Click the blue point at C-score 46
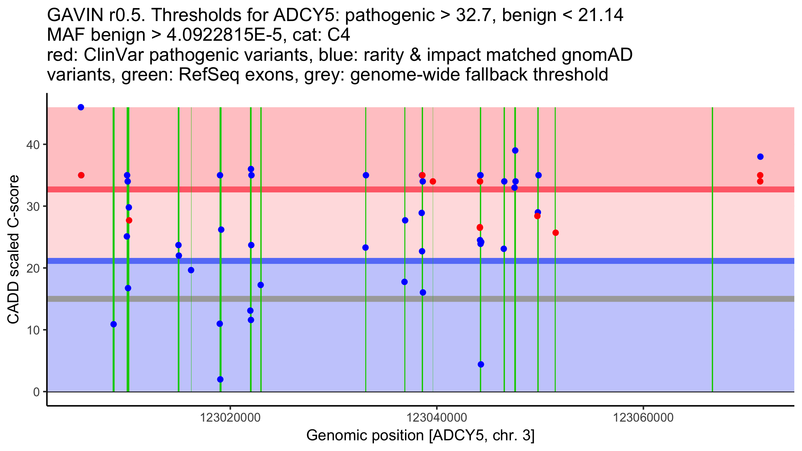pos(81,107)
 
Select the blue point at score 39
pos(515,151)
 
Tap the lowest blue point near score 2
pos(220,380)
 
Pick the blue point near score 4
pos(481,364)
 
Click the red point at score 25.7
pos(556,233)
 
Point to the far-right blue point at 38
pos(761,157)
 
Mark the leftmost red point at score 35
pos(81,175)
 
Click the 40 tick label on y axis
pos(33,145)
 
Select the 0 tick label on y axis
pos(36,392)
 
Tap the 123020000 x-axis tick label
pos(230,418)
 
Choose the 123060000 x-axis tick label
pos(643,418)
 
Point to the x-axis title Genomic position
pos(420,436)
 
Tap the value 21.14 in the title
pos(600,15)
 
